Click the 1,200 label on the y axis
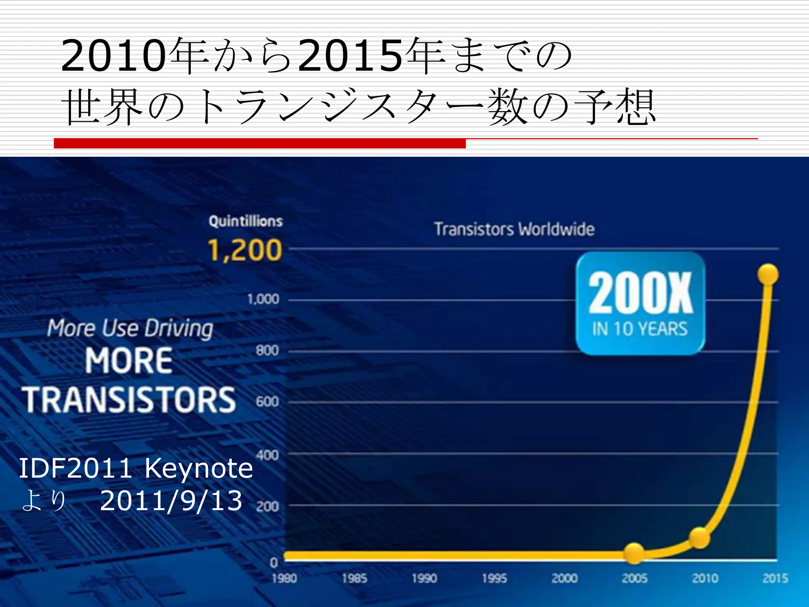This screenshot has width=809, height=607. (x=245, y=251)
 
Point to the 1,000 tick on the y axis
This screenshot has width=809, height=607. (x=263, y=299)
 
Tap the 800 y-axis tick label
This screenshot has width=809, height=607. (x=267, y=351)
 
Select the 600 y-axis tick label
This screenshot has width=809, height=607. (x=267, y=402)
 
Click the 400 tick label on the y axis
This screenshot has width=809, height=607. (x=267, y=455)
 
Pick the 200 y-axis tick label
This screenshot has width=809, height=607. (x=267, y=507)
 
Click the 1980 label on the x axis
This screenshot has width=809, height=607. (x=284, y=579)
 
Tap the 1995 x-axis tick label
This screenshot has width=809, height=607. (x=494, y=579)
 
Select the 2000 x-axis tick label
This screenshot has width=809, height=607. (x=564, y=579)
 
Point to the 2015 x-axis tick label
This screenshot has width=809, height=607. (x=775, y=579)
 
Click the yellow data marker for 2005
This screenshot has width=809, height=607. (x=634, y=553)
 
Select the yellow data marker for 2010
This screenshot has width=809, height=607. (x=700, y=537)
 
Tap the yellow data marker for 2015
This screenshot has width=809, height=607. (x=768, y=274)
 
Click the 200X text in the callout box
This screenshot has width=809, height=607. (x=640, y=293)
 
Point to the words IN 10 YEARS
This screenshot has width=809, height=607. (x=640, y=329)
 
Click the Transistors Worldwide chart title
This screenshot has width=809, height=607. (x=514, y=229)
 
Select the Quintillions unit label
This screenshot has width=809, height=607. (x=246, y=221)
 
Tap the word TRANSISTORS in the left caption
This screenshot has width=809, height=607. (x=129, y=400)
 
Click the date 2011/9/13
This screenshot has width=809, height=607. (x=171, y=501)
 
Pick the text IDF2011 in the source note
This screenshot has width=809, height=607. (x=75, y=468)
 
